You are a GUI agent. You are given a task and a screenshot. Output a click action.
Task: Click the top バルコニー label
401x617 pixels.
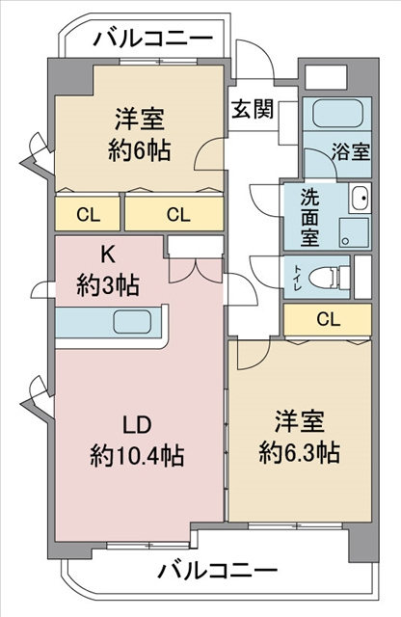pyautogui.click(x=153, y=40)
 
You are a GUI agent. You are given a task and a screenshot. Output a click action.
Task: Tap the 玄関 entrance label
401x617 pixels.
pyautogui.click(x=251, y=108)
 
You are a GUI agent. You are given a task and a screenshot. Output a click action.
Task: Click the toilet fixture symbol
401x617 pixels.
pyautogui.click(x=331, y=273)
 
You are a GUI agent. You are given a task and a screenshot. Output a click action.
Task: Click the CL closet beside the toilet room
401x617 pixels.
pyautogui.click(x=327, y=318)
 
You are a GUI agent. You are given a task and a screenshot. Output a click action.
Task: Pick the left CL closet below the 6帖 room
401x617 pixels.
pyautogui.click(x=87, y=214)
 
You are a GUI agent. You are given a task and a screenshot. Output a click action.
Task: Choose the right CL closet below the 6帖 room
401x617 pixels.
pyautogui.click(x=176, y=214)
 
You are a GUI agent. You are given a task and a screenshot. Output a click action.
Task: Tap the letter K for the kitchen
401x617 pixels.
pyautogui.click(x=109, y=255)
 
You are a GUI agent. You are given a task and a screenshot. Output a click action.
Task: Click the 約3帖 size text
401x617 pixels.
pyautogui.click(x=109, y=285)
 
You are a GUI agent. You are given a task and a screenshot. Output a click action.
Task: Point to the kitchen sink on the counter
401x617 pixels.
pyautogui.click(x=137, y=322)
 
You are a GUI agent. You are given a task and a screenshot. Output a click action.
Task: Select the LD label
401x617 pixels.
pyautogui.click(x=139, y=425)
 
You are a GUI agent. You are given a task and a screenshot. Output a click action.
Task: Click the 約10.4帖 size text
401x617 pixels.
pyautogui.click(x=139, y=455)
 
